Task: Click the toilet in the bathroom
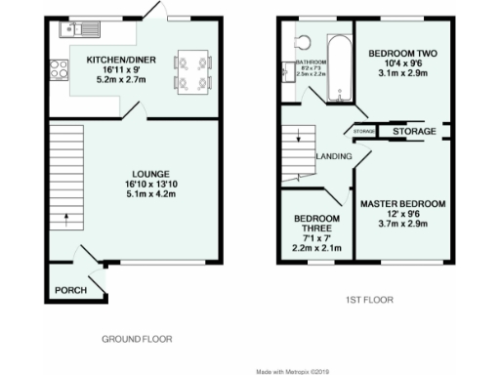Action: click(x=301, y=42)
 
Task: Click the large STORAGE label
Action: click(x=416, y=130)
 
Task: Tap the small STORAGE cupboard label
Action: click(x=363, y=130)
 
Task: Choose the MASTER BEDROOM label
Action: click(x=402, y=203)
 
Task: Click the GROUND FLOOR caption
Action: click(x=137, y=339)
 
